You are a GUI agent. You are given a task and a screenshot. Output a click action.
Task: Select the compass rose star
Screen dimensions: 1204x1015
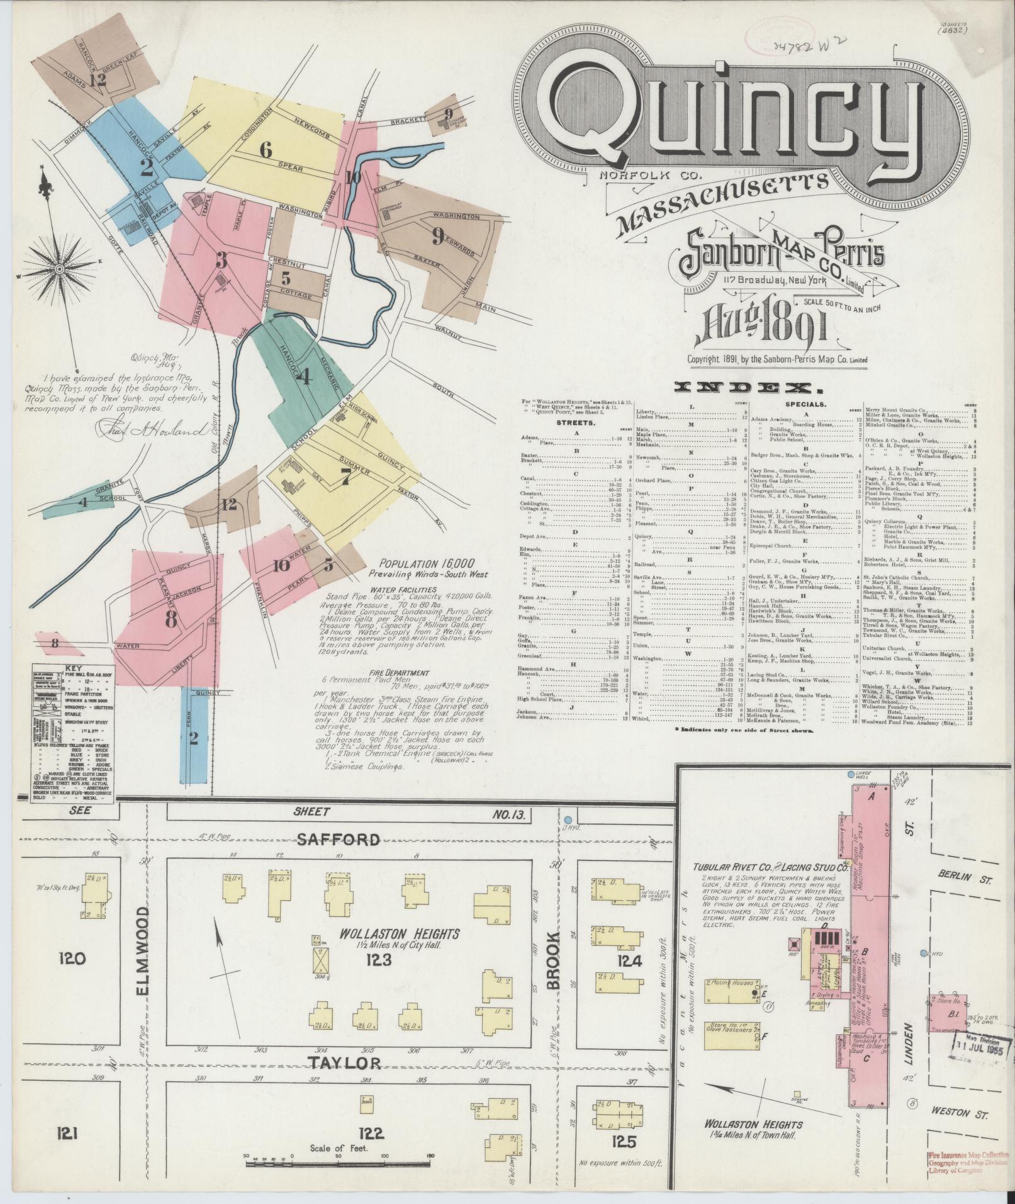click(59, 271)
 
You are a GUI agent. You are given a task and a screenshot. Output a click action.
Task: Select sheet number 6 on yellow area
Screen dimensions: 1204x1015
click(266, 150)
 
